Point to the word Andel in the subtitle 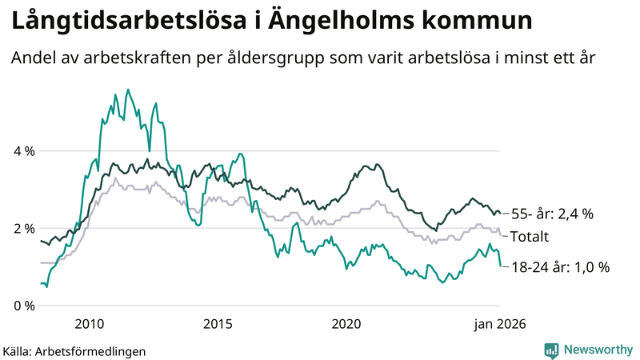[33, 58]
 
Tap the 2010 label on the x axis [89, 324]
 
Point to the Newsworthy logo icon [551, 350]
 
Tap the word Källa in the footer [18, 350]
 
